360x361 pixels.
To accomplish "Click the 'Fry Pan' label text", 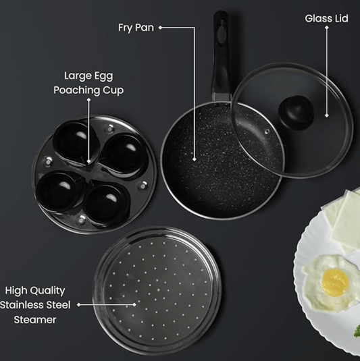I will [x=136, y=28].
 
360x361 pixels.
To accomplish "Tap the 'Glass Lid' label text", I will [x=326, y=18].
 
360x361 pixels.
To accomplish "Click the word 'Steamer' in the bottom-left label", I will [x=35, y=319].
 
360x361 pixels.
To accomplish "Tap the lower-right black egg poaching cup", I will [x=105, y=201].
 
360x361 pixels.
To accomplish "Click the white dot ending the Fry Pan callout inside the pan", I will [x=195, y=161].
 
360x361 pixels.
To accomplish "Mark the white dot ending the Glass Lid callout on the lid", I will [x=327, y=115].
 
